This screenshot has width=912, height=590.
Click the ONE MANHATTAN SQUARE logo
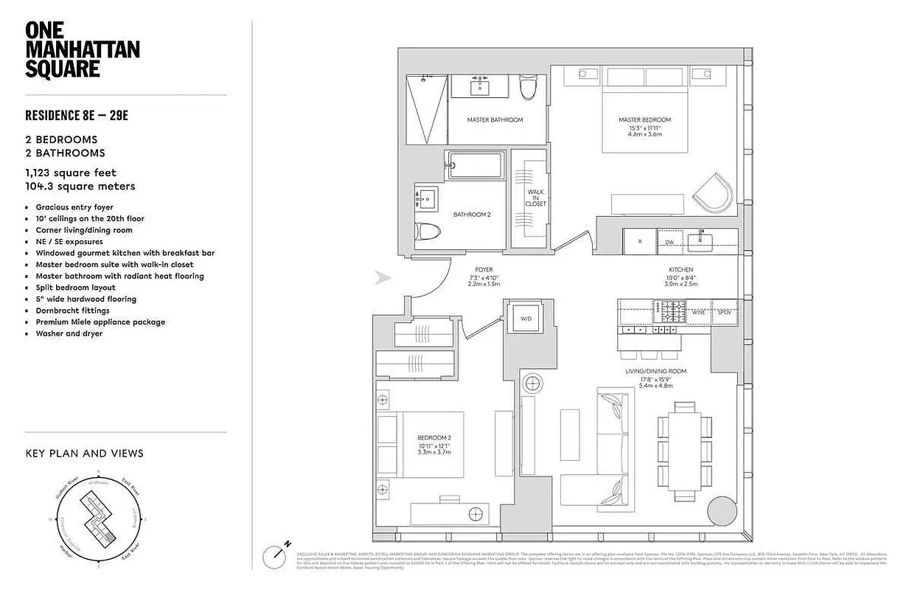(82, 50)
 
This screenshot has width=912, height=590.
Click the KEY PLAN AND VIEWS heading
(84, 454)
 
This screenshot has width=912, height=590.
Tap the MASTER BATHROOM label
(495, 119)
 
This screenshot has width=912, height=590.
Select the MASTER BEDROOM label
(644, 119)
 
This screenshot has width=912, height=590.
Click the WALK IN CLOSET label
(536, 198)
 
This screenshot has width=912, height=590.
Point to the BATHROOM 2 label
(471, 215)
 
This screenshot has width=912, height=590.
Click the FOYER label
(484, 270)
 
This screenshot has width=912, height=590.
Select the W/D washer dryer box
(526, 319)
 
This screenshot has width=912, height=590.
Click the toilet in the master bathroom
(527, 89)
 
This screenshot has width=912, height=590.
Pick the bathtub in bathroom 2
(475, 165)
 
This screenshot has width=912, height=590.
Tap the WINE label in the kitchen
(698, 313)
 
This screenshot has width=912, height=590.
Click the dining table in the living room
(685, 447)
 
